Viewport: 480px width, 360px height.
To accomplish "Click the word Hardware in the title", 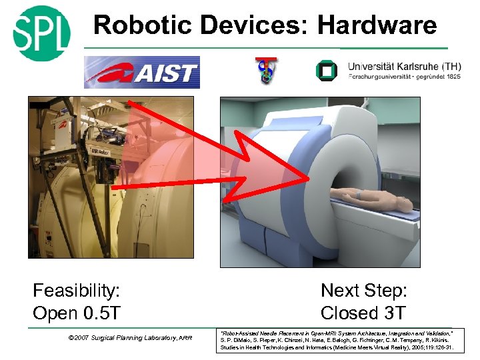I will click(x=377, y=25).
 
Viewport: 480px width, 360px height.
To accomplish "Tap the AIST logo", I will click(x=142, y=73).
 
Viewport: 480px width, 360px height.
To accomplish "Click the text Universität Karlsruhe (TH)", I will click(x=404, y=67).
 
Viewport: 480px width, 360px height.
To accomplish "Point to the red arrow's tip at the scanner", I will click(x=308, y=179).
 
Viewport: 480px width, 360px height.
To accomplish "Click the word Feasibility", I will click(x=77, y=291).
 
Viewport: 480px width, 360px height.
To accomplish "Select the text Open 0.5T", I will click(x=76, y=313).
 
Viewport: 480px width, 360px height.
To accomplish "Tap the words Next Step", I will click(x=364, y=291).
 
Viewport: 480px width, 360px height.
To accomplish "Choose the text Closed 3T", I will click(x=363, y=313).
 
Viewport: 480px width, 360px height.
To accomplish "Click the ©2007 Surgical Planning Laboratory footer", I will click(x=130, y=338).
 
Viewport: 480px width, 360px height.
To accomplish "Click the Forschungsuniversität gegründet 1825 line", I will click(x=404, y=77).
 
